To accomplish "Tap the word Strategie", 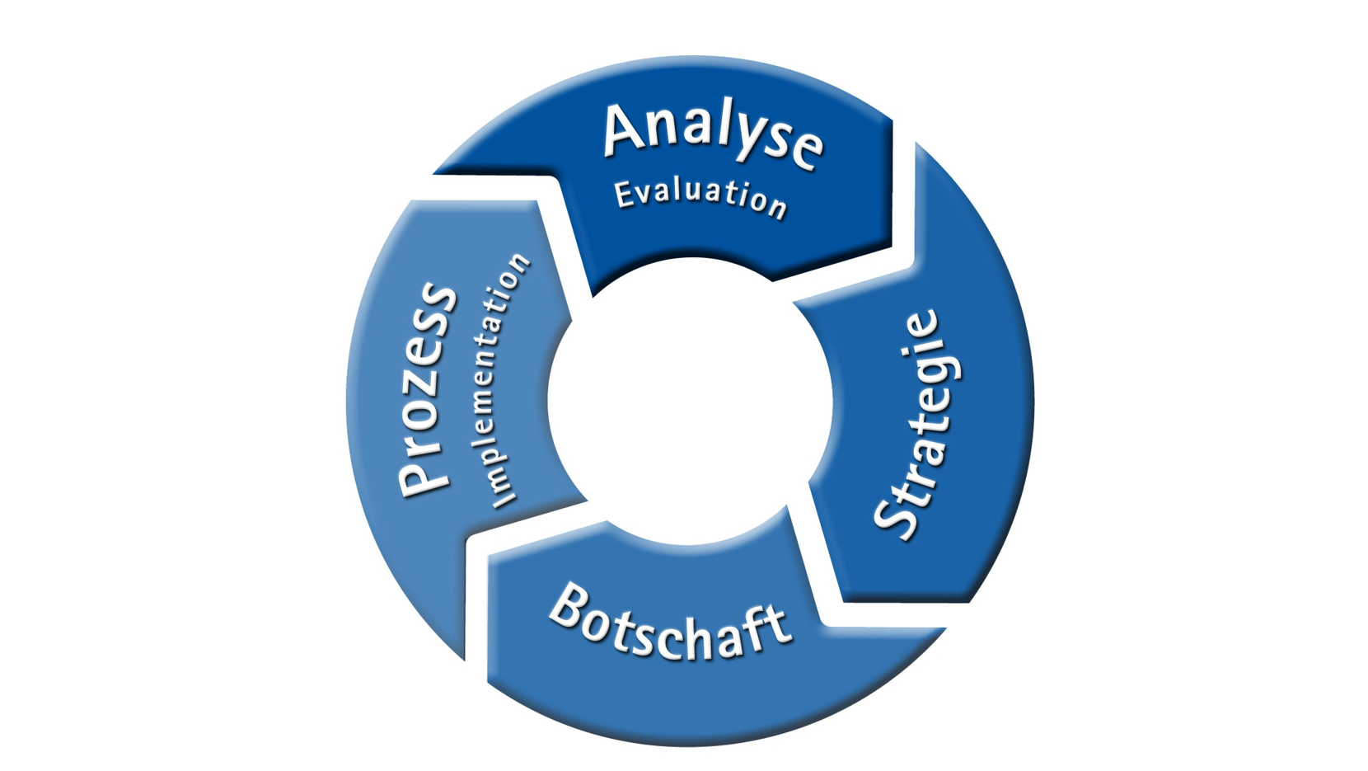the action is pos(917,425).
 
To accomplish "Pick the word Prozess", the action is pos(428,390).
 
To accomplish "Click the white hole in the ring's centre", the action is pos(690,401).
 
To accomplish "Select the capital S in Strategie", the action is pos(896,519).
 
